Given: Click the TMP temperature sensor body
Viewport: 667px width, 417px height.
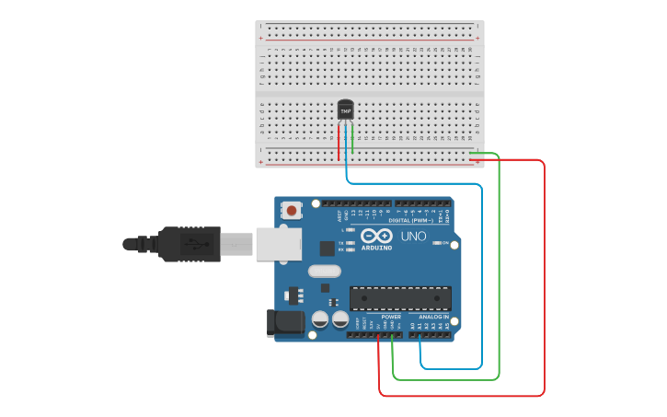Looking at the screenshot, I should pos(345,110).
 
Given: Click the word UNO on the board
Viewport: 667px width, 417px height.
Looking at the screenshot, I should pos(413,237).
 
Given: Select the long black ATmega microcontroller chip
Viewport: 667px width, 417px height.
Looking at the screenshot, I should pos(400,298).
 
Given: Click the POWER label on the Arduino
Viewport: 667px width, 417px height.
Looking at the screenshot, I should pos(391,317).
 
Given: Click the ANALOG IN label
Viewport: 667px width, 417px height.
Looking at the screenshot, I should pos(433,317).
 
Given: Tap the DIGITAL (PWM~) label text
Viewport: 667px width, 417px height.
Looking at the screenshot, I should pos(411,221).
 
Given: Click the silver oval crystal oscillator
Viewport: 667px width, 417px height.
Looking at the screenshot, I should pos(324,271).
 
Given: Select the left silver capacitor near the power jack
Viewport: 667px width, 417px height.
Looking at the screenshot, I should pos(320,319).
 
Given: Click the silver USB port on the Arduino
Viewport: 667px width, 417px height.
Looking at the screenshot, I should pos(276,244).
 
